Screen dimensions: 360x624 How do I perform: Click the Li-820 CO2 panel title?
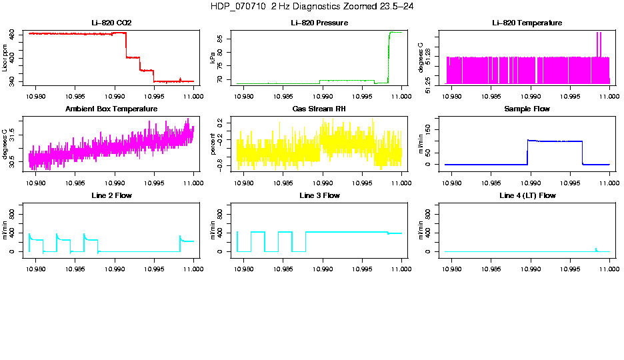pyautogui.click(x=111, y=23)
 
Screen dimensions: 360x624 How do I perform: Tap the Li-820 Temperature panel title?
pyautogui.click(x=527, y=23)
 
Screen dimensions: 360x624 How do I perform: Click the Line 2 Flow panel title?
pyautogui.click(x=111, y=196)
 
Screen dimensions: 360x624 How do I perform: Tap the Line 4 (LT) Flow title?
pyautogui.click(x=527, y=196)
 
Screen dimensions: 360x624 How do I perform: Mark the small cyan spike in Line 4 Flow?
pyautogui.click(x=596, y=249)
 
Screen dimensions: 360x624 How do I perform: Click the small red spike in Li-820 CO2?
pyautogui.click(x=180, y=79)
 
